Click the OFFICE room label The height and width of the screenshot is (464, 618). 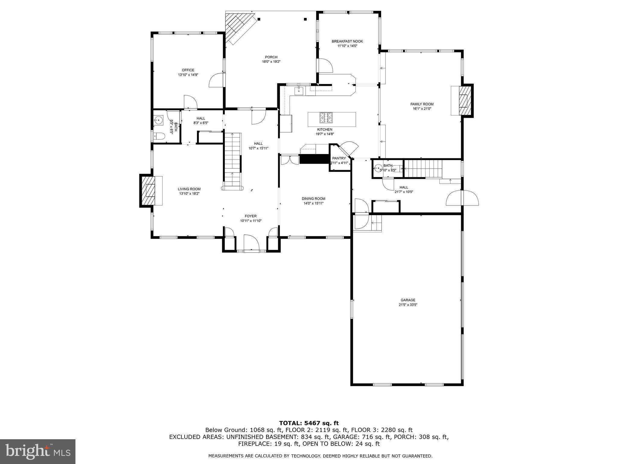pyautogui.click(x=188, y=70)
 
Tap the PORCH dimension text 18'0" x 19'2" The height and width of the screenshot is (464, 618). pyautogui.click(x=271, y=62)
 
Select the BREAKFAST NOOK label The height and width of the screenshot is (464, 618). pyautogui.click(x=347, y=41)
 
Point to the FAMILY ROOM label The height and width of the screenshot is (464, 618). pyautogui.click(x=422, y=104)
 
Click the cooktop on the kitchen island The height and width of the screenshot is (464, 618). pyautogui.click(x=326, y=118)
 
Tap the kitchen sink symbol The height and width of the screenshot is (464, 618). pyautogui.click(x=299, y=90)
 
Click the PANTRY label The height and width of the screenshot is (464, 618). pyautogui.click(x=339, y=158)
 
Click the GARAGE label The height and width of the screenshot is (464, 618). pyautogui.click(x=408, y=300)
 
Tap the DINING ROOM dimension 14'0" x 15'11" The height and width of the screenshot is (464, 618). pyautogui.click(x=314, y=203)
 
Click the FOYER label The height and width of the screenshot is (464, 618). pyautogui.click(x=250, y=216)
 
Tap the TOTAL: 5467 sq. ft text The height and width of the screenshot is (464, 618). pyautogui.click(x=309, y=423)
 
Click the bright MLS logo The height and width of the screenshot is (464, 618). pyautogui.click(x=37, y=451)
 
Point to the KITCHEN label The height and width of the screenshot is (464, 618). pyautogui.click(x=324, y=130)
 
